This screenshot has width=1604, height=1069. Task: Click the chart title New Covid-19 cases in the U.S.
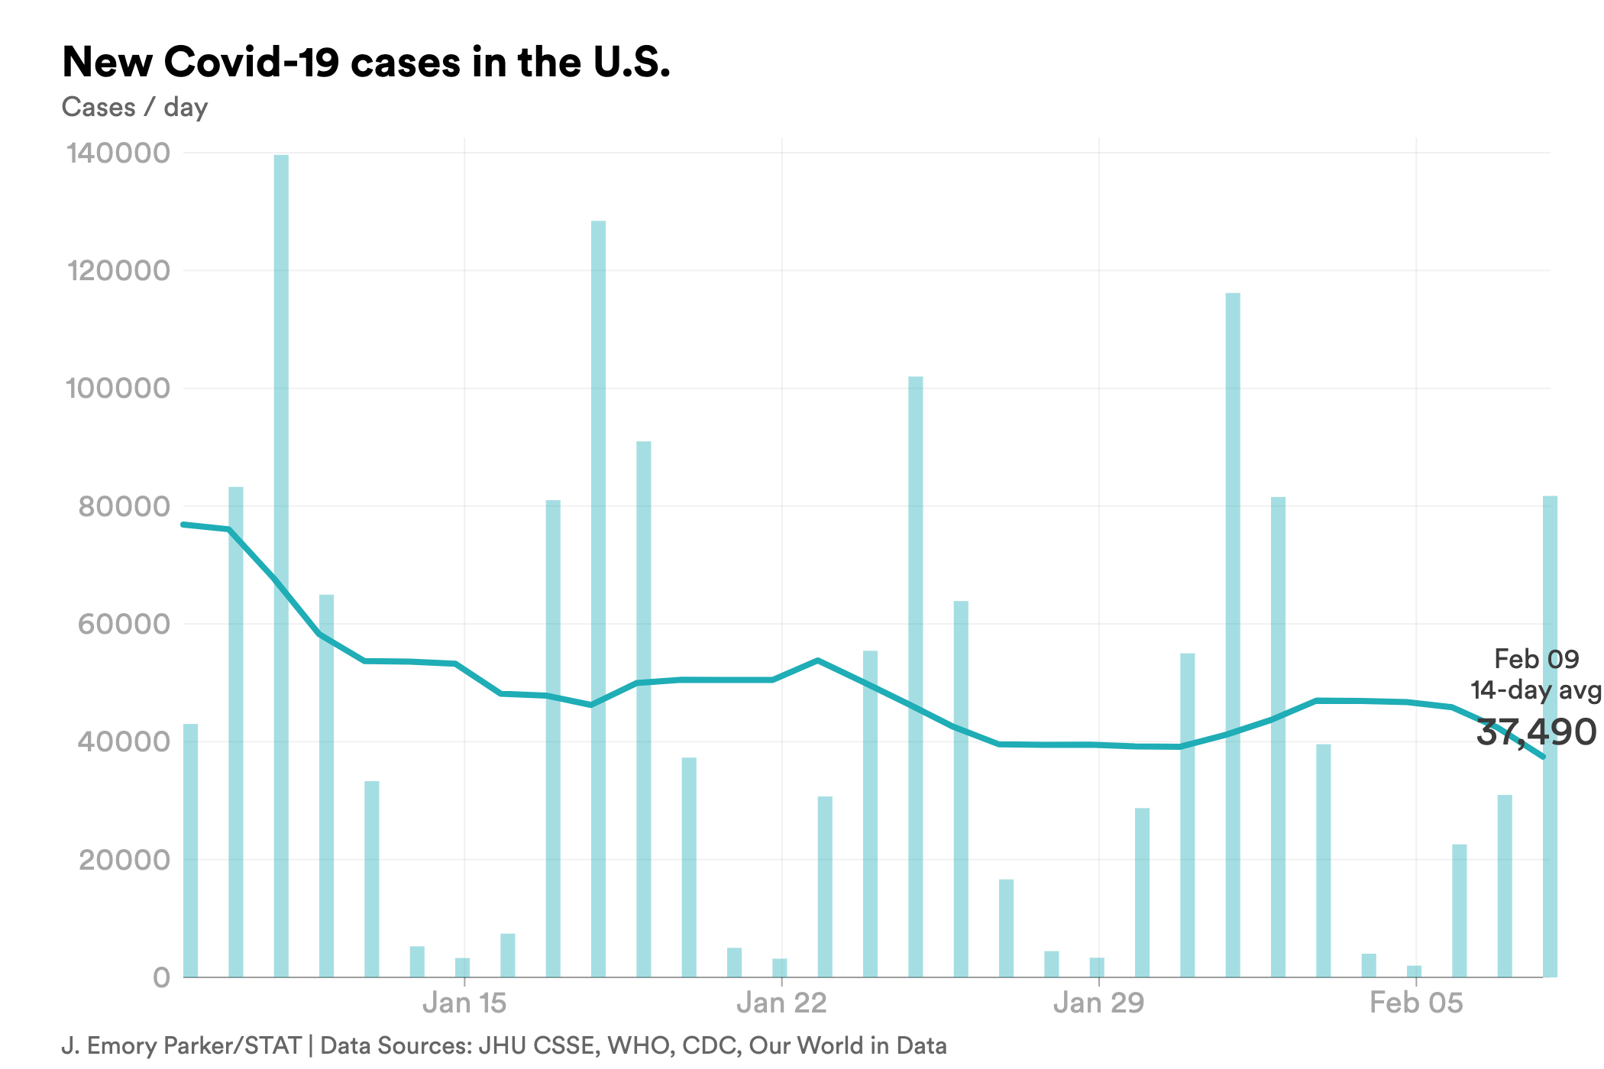click(366, 63)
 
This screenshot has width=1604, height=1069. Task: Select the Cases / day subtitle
click(134, 107)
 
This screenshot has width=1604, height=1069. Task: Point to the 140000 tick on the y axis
click(118, 153)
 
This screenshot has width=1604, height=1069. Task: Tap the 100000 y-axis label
click(118, 388)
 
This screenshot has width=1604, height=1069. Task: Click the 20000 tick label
click(124, 860)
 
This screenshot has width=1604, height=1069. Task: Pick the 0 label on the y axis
click(161, 977)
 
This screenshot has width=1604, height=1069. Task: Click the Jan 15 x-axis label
click(464, 1003)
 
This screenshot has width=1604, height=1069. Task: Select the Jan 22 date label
click(781, 1003)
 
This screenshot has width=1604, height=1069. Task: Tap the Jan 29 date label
click(1098, 1003)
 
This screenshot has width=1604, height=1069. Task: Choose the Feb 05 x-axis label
click(1415, 1003)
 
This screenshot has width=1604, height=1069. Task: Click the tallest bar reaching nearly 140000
click(281, 565)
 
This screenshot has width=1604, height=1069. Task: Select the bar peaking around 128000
click(598, 599)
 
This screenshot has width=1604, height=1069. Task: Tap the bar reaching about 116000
click(1233, 634)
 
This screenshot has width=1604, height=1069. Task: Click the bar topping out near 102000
click(915, 676)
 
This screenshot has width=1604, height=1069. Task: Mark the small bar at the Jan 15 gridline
click(463, 967)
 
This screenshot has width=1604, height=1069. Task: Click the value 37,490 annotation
click(1535, 732)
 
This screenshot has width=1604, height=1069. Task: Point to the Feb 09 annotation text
click(1535, 658)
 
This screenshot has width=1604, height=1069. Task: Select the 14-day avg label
click(1535, 690)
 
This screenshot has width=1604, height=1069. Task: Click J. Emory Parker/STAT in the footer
click(182, 1045)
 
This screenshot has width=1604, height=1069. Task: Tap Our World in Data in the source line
click(847, 1045)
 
